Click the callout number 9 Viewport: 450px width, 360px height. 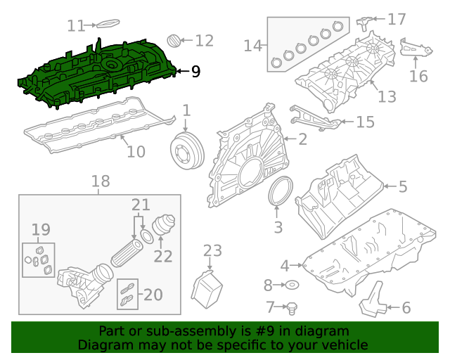point(195,71)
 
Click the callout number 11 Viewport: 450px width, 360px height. point(76,26)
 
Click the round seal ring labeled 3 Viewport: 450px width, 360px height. point(281,193)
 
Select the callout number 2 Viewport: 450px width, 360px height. point(302,139)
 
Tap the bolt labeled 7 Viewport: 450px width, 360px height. point(293,307)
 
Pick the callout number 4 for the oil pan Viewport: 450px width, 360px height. point(285,265)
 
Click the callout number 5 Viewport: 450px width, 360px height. point(402,186)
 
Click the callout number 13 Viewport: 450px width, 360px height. point(387,96)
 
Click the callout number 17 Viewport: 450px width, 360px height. point(397,19)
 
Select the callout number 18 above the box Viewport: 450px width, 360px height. point(101,182)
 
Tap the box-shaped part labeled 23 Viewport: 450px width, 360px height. point(208,289)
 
